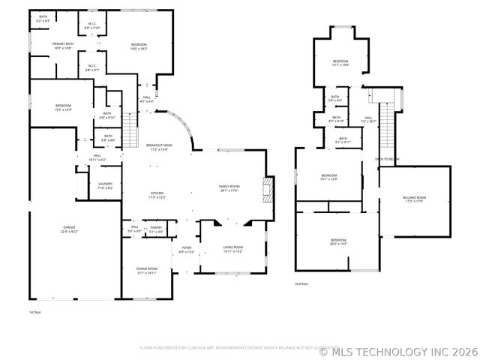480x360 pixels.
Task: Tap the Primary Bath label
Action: tap(63, 46)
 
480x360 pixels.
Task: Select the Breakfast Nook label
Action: tap(158, 147)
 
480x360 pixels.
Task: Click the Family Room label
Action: tap(229, 187)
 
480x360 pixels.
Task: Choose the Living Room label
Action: tap(232, 249)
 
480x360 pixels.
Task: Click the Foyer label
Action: tap(186, 250)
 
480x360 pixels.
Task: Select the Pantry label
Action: tap(156, 229)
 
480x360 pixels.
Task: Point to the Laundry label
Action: tap(105, 185)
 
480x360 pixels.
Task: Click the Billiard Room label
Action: tap(414, 199)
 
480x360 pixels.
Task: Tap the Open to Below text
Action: tap(387, 159)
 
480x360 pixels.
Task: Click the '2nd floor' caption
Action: tap(302, 283)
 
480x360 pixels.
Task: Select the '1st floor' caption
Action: tap(35, 311)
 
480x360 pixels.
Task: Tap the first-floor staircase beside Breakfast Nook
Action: tap(131, 130)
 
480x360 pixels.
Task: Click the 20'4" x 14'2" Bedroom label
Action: tap(338, 241)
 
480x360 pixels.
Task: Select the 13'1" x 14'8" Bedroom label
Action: tap(340, 63)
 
